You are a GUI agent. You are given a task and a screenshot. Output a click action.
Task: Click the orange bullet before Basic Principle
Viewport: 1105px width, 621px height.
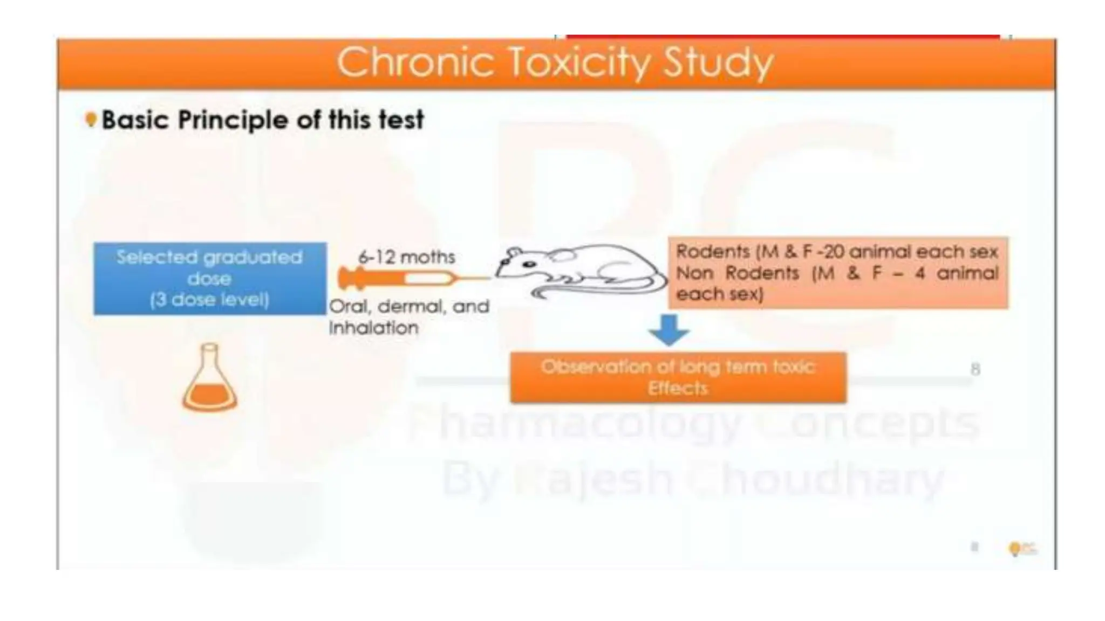91,119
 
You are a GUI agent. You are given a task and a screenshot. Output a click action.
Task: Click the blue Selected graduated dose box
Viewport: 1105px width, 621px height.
209,278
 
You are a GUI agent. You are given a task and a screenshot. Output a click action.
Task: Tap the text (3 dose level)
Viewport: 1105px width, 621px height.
209,300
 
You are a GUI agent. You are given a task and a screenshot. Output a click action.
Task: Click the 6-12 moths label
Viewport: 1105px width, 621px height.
406,257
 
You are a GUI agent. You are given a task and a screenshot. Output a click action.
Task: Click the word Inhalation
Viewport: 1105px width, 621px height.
373,327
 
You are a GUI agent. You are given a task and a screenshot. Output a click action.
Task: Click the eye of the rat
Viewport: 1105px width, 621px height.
529,264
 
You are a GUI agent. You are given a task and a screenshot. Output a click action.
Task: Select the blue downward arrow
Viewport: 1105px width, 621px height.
669,329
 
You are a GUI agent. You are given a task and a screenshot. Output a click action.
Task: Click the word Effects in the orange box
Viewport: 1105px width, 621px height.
678,388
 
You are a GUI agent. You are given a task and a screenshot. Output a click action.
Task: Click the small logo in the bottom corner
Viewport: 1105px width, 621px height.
1021,548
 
